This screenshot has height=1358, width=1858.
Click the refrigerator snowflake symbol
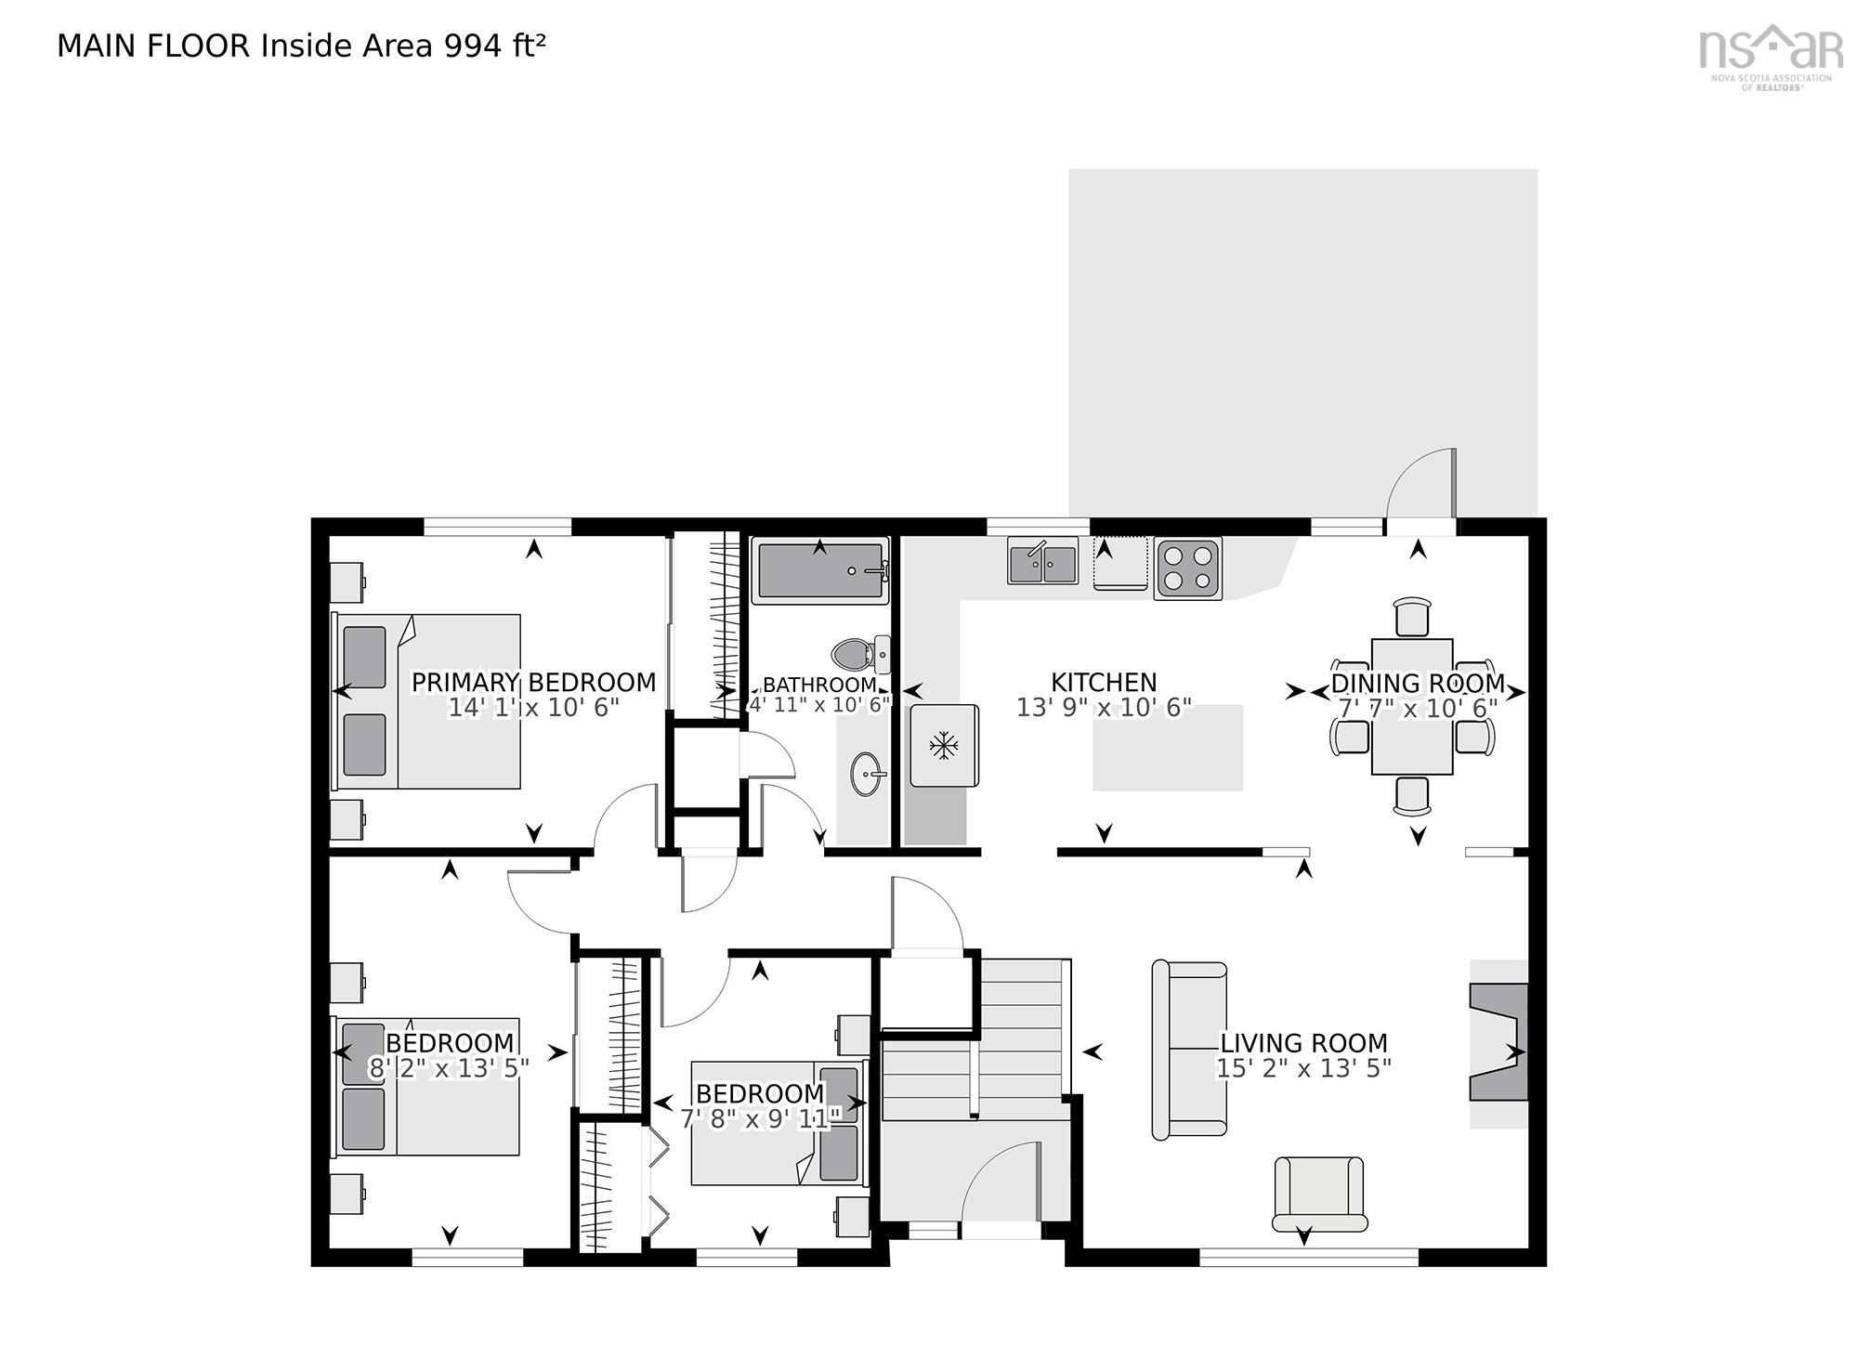pos(944,745)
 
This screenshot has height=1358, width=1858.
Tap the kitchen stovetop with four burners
pos(1187,568)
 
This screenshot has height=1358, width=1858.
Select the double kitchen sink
pos(1042,561)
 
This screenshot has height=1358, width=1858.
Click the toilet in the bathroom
pos(860,655)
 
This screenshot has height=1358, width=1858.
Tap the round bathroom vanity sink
pos(869,774)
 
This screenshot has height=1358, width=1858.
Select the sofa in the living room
pos(1188,1050)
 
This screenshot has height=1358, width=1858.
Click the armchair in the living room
pos(1319,1194)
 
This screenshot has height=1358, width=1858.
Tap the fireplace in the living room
pos(1498,1042)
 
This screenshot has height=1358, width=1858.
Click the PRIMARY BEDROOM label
pos(533,683)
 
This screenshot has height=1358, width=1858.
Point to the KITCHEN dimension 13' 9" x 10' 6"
pos(1103,708)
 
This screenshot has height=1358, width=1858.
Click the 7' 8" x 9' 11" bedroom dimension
pos(760,1118)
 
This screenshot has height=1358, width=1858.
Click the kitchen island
pos(1167,748)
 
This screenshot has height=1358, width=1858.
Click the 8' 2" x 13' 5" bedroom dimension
pos(450,1068)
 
